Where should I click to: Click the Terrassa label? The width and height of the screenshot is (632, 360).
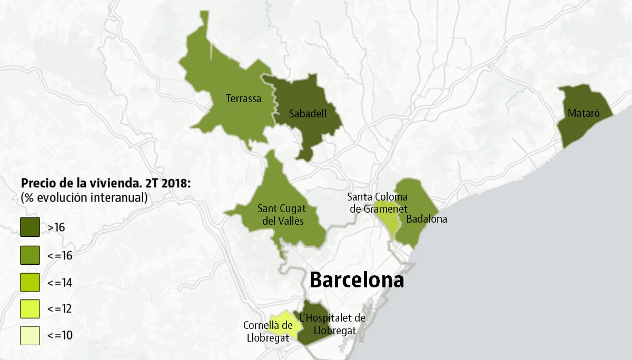pyautogui.click(x=243, y=98)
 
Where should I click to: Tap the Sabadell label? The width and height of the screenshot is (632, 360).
pyautogui.click(x=308, y=113)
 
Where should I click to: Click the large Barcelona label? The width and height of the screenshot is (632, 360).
pyautogui.click(x=357, y=280)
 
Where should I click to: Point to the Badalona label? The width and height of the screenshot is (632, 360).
pyautogui.click(x=427, y=219)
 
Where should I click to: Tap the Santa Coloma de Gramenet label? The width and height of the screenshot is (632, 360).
pyautogui.click(x=377, y=203)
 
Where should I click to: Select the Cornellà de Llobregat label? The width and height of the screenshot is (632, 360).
pyautogui.click(x=268, y=332)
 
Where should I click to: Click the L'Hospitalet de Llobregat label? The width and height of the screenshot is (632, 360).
pyautogui.click(x=333, y=324)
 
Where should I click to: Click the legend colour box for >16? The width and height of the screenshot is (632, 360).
pyautogui.click(x=30, y=227)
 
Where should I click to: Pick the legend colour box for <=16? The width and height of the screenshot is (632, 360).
pyautogui.click(x=30, y=255)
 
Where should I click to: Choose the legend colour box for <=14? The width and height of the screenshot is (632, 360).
pyautogui.click(x=30, y=283)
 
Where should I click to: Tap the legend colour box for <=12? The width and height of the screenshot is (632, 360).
pyautogui.click(x=30, y=309)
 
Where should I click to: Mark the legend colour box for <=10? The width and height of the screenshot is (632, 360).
pyautogui.click(x=30, y=336)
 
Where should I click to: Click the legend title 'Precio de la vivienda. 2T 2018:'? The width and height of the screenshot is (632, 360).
pyautogui.click(x=106, y=184)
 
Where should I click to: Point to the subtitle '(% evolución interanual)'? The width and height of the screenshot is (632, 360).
pyautogui.click(x=84, y=198)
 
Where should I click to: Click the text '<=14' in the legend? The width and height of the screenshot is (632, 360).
pyautogui.click(x=60, y=283)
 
